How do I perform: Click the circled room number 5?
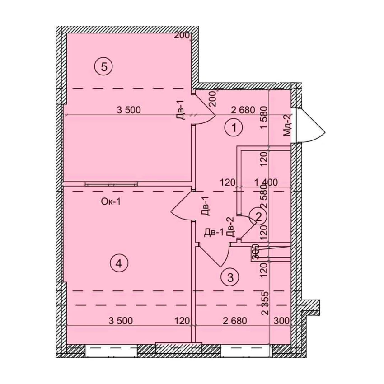(x=103, y=66)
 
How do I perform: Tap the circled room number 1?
(x=234, y=127)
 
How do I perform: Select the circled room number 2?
(x=258, y=216)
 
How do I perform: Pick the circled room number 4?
(x=119, y=264)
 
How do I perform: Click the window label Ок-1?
(x=111, y=202)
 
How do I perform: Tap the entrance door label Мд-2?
(x=287, y=126)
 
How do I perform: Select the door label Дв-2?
(x=230, y=227)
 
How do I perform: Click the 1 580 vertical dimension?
(x=264, y=117)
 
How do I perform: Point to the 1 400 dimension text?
(x=266, y=183)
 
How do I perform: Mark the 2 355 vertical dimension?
(x=265, y=303)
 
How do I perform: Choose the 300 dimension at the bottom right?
(x=281, y=321)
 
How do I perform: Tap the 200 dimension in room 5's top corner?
(x=182, y=36)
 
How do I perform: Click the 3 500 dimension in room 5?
(x=129, y=110)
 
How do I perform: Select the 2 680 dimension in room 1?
(x=243, y=110)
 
